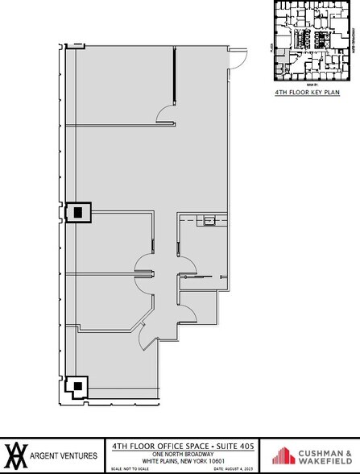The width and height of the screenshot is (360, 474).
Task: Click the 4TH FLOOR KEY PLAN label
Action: point(310,94)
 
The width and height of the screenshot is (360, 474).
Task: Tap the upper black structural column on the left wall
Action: point(78,212)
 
